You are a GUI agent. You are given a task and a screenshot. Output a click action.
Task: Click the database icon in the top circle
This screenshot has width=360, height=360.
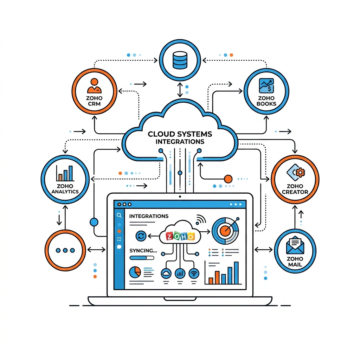[x=180, y=60]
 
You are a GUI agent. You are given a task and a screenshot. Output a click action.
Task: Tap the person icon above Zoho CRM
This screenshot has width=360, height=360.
[x=94, y=86]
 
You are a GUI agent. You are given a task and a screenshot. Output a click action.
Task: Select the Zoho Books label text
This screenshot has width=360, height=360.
[x=266, y=101]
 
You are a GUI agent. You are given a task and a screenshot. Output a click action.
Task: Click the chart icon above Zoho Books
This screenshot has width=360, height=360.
[x=266, y=86]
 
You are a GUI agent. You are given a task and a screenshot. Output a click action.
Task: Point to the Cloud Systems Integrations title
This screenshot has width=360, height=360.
[x=180, y=137]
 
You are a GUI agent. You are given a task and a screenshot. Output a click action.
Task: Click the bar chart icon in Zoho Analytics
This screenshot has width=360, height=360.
[x=65, y=173]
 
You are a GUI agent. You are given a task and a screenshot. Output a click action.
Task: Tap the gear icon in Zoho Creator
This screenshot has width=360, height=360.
[x=300, y=172]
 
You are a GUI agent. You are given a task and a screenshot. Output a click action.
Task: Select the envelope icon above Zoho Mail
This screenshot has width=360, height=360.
[x=295, y=245]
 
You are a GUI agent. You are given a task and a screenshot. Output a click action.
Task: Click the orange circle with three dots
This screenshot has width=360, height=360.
[x=65, y=250]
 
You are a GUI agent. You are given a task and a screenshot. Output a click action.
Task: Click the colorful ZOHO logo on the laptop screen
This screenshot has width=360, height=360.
[x=180, y=236]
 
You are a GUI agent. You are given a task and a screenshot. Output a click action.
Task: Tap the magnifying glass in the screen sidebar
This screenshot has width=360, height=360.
[x=119, y=215]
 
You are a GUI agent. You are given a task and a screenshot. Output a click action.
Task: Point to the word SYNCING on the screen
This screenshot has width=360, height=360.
[x=143, y=250]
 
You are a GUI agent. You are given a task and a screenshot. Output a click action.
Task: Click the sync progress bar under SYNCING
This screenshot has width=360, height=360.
[x=142, y=258]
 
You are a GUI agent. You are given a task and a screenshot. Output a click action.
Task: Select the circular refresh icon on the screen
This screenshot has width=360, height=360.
[x=141, y=236]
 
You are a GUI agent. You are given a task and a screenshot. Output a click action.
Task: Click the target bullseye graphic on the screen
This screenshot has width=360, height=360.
[x=225, y=231]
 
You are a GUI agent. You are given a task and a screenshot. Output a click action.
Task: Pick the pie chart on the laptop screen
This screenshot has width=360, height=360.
[x=135, y=272]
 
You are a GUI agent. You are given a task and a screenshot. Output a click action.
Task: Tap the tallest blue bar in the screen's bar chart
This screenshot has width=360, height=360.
[x=236, y=273]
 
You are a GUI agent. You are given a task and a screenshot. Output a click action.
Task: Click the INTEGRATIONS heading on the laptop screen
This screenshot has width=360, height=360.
[x=149, y=216]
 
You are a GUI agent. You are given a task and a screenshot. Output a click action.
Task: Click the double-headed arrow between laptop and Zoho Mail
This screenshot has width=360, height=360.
[x=264, y=250]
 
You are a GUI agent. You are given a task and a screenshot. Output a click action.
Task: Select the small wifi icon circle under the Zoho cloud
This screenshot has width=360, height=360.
[x=194, y=273]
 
